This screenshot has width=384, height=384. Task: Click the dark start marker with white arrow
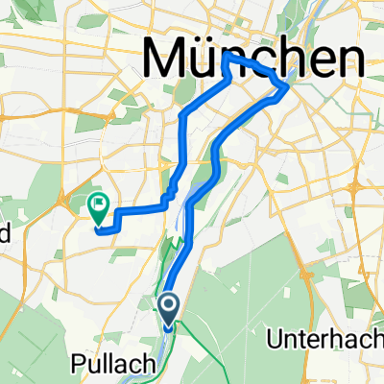coord(169,310)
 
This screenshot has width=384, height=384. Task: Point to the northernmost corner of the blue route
coord(225,56)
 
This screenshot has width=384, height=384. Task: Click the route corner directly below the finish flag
coord(99,228)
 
